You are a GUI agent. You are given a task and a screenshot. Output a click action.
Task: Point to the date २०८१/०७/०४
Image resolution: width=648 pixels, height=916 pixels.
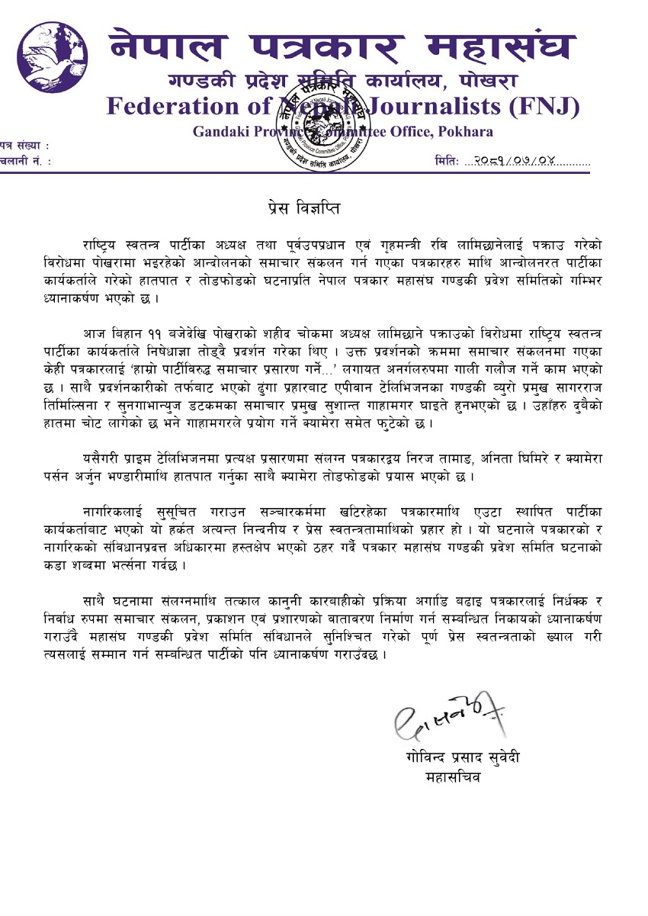tap(515, 162)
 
